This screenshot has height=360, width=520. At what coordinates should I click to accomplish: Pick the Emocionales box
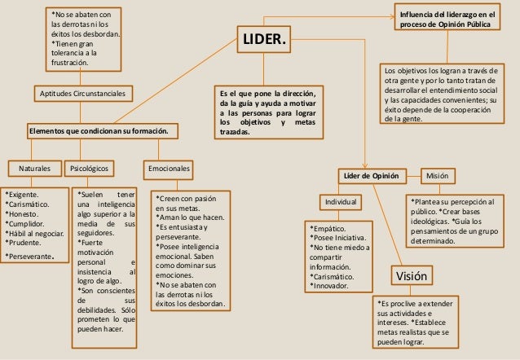[x=170, y=169]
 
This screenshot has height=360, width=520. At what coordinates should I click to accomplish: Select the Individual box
[x=342, y=201]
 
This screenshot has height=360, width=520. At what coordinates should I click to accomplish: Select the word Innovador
[x=333, y=286]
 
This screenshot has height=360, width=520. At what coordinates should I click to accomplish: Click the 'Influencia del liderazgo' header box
[x=447, y=20]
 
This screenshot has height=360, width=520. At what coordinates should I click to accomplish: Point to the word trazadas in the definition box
[x=236, y=130]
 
